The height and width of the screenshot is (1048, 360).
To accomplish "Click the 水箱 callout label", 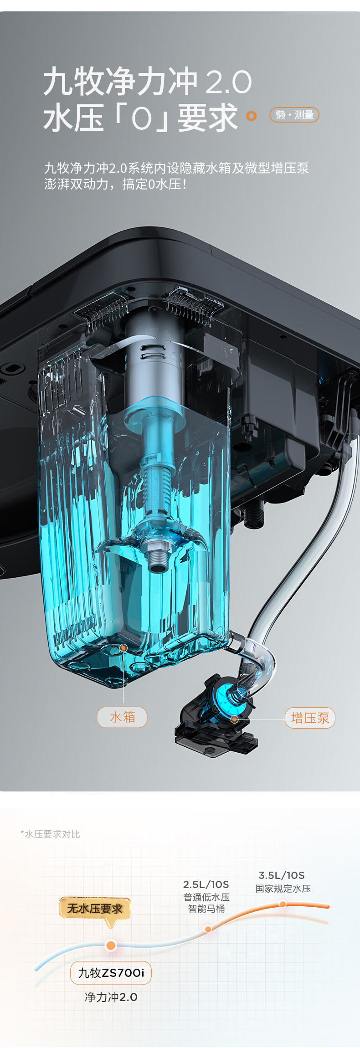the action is coord(122,717).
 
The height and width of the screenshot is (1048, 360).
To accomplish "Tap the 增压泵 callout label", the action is coord(310,718).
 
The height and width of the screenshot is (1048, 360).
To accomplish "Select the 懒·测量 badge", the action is coord(294,115).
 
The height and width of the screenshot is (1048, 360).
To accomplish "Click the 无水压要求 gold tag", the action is coord(95,909).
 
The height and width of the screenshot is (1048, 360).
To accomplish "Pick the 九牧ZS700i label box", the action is coord(111,973).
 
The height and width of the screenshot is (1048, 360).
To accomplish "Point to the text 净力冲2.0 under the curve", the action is coord(111,997).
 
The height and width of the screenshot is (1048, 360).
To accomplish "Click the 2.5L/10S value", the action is coord(206,884).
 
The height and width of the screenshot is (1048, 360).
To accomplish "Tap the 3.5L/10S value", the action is coord(282,875).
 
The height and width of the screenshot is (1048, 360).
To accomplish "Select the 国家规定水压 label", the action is coord(283,889).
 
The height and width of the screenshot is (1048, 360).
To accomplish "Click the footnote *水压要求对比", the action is coord(50,834).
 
